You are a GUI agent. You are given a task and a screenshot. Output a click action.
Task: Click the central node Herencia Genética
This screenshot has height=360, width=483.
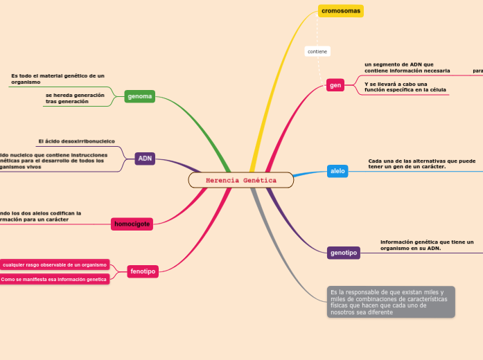coord(240,180)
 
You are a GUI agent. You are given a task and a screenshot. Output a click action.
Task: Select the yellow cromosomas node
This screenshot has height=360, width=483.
coord(340,11)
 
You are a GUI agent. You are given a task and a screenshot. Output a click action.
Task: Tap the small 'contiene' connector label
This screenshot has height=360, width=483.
coord(317,52)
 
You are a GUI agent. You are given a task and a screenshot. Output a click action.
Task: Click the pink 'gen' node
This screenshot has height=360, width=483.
coord(335,85)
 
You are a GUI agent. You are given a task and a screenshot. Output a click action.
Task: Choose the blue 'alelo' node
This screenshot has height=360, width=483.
coord(337,171)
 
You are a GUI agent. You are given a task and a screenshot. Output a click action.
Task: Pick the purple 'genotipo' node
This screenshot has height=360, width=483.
coord(344,253)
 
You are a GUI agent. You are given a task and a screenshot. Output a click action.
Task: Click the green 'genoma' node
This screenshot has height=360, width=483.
coord(139,96)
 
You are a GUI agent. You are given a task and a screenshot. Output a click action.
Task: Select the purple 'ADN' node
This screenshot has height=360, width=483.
coord(145,159)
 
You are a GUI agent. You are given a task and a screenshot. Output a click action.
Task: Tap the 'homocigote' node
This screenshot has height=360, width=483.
coord(132,224)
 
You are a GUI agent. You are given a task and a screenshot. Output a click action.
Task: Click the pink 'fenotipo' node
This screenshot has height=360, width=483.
coord(143,272)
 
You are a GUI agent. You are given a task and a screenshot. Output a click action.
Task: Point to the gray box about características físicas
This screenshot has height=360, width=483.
coord(391,302)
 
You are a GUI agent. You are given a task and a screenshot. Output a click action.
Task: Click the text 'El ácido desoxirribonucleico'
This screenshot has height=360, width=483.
coord(76,141)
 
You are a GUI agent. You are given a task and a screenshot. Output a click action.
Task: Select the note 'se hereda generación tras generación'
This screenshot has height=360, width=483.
coord(75,98)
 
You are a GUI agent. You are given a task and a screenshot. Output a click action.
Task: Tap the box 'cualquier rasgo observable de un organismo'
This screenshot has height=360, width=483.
coord(55,264)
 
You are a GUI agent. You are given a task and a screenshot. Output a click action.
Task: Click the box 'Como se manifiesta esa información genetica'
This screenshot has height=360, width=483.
coord(54,280)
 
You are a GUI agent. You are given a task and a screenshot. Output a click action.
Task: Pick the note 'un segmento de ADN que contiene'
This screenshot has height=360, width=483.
coord(407,67)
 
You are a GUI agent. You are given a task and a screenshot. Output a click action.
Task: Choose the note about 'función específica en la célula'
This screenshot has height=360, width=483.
coord(405,87)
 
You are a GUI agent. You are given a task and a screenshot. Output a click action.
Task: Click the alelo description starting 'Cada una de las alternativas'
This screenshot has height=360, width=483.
coord(421,163)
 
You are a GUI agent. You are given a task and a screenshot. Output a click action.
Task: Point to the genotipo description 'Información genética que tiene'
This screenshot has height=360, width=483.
coord(426,244)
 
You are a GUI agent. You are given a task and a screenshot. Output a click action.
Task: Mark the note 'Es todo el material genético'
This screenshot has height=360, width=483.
coord(58,78)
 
